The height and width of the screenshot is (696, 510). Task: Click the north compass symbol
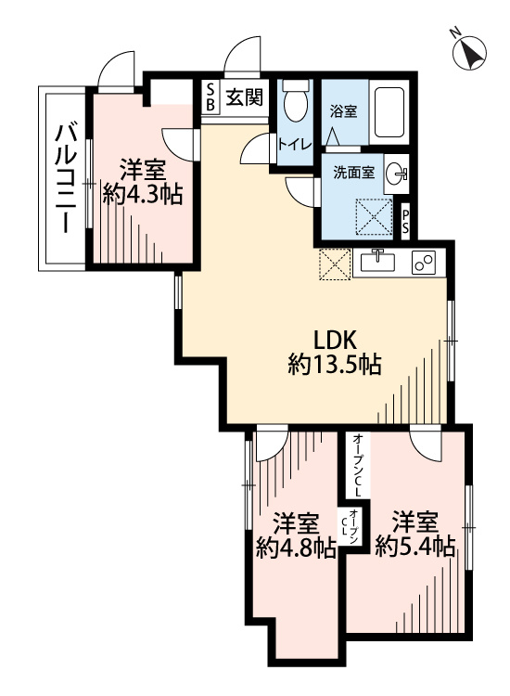(469, 52)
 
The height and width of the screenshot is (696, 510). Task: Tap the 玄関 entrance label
(245, 97)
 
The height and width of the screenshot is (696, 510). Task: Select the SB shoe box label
(210, 97)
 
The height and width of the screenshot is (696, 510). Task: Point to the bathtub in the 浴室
(389, 112)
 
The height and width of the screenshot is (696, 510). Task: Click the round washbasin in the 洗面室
(396, 174)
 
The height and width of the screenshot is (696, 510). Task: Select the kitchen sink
(376, 262)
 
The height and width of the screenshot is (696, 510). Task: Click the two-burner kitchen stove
(423, 262)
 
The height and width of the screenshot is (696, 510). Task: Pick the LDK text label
(336, 341)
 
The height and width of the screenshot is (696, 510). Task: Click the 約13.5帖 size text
(335, 365)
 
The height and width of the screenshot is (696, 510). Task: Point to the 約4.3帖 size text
(143, 195)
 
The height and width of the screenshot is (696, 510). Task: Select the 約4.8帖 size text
(296, 549)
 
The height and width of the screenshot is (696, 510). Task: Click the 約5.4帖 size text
(415, 547)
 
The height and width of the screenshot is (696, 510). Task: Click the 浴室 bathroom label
(343, 111)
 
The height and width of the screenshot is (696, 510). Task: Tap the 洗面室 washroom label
(354, 173)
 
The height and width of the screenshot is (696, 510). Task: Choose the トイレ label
(295, 145)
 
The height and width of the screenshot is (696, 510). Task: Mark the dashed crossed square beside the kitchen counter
(335, 264)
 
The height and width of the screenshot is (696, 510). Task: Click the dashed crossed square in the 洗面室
(375, 215)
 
